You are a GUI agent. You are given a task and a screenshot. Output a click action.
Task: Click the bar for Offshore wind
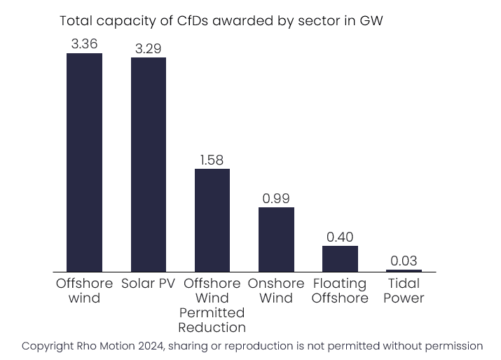pyautogui.click(x=84, y=162)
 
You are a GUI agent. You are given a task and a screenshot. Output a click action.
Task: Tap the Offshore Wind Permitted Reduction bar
pyautogui.click(x=212, y=220)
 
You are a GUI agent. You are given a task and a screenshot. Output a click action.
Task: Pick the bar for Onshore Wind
pyautogui.click(x=276, y=239)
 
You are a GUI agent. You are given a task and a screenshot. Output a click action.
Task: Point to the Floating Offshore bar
pyautogui.click(x=340, y=258)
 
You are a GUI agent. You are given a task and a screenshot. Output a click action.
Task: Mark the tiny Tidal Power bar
pyautogui.click(x=404, y=270)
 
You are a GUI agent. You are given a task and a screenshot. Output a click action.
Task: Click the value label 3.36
pyautogui.click(x=84, y=43)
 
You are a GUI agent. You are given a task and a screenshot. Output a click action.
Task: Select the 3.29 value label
pyautogui.click(x=148, y=48)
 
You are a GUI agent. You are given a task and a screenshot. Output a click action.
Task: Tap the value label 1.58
pyautogui.click(x=212, y=160)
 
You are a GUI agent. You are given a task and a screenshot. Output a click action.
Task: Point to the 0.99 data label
pyautogui.click(x=276, y=198)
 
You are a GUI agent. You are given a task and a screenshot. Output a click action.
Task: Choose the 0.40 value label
pyautogui.click(x=340, y=236)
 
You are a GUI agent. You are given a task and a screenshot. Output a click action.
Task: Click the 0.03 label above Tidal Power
pyautogui.click(x=404, y=261)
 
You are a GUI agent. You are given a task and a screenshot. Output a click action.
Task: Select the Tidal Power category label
pyautogui.click(x=404, y=291)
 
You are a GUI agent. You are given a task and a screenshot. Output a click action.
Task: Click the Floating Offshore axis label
pyautogui.click(x=340, y=291)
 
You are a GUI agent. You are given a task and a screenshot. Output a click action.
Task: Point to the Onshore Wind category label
pyautogui.click(x=276, y=291)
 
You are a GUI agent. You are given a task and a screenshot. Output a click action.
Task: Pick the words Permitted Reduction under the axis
pyautogui.click(x=212, y=319)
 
